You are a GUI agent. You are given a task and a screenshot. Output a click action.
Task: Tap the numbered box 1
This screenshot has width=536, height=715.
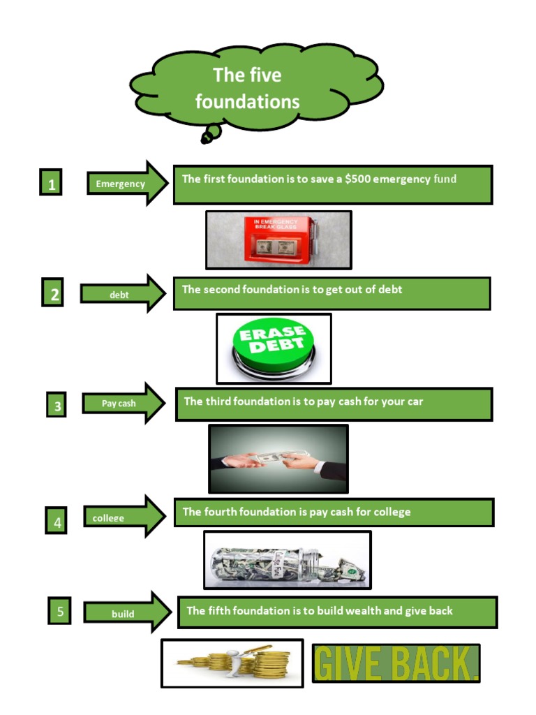point(51,184)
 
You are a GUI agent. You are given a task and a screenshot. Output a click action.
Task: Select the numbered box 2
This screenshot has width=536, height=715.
point(52,293)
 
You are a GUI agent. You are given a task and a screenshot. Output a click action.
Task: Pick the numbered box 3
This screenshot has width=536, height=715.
point(57,406)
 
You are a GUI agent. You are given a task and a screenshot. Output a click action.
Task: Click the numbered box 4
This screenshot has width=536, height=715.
point(57,521)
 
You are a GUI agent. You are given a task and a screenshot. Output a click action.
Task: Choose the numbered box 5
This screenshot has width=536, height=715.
point(59,611)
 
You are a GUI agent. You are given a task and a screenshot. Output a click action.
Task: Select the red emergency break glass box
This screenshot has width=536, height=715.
point(278,239)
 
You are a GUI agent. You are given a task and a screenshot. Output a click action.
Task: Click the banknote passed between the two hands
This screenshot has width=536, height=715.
point(274,457)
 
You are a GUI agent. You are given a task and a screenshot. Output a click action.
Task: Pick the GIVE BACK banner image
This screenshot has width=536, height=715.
point(396,663)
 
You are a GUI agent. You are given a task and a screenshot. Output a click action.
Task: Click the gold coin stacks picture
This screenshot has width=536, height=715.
point(232,663)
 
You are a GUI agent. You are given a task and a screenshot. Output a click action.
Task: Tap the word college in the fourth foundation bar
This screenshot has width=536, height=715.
point(392,512)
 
